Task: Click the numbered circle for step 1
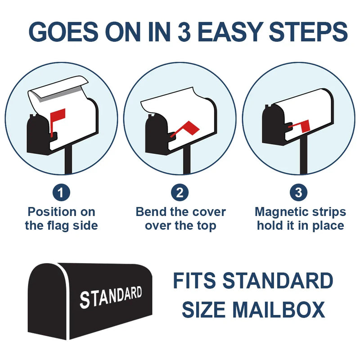61,193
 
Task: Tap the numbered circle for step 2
180,193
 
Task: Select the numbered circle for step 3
298,193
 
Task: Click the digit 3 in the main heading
184,31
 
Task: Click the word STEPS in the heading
308,31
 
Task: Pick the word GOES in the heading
63,31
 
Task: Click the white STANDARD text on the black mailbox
111,297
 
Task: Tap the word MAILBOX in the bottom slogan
279,310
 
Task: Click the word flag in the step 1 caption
58,226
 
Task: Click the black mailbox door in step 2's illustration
156,135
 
